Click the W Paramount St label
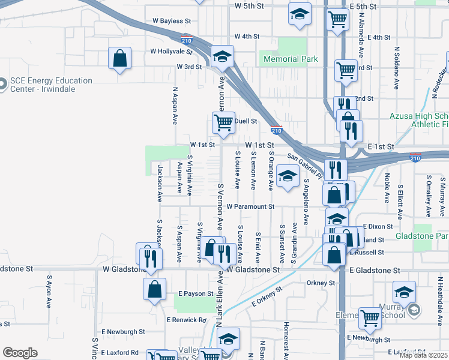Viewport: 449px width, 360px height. pyautogui.click(x=250, y=206)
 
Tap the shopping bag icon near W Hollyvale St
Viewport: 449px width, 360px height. pyautogui.click(x=120, y=59)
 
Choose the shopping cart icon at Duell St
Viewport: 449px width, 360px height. pyautogui.click(x=223, y=122)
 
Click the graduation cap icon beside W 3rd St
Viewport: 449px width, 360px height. pyautogui.click(x=222, y=57)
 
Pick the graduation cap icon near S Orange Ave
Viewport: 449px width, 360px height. pyautogui.click(x=288, y=176)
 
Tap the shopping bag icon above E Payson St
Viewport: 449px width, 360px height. pyautogui.click(x=154, y=289)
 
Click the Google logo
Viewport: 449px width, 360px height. pyautogui.click(x=20, y=353)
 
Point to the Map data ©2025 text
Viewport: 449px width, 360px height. pyautogui.click(x=423, y=355)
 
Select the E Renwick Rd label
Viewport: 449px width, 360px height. pyautogui.click(x=186, y=320)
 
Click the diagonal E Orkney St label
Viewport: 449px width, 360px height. pyautogui.click(x=267, y=298)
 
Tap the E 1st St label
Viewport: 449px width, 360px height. pyautogui.click(x=381, y=146)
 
